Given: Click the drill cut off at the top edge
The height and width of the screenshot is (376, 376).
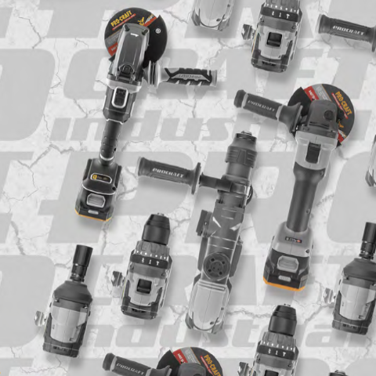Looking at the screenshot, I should tap(277, 31).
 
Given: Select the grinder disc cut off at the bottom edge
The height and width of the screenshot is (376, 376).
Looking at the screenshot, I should tap(188, 362).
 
